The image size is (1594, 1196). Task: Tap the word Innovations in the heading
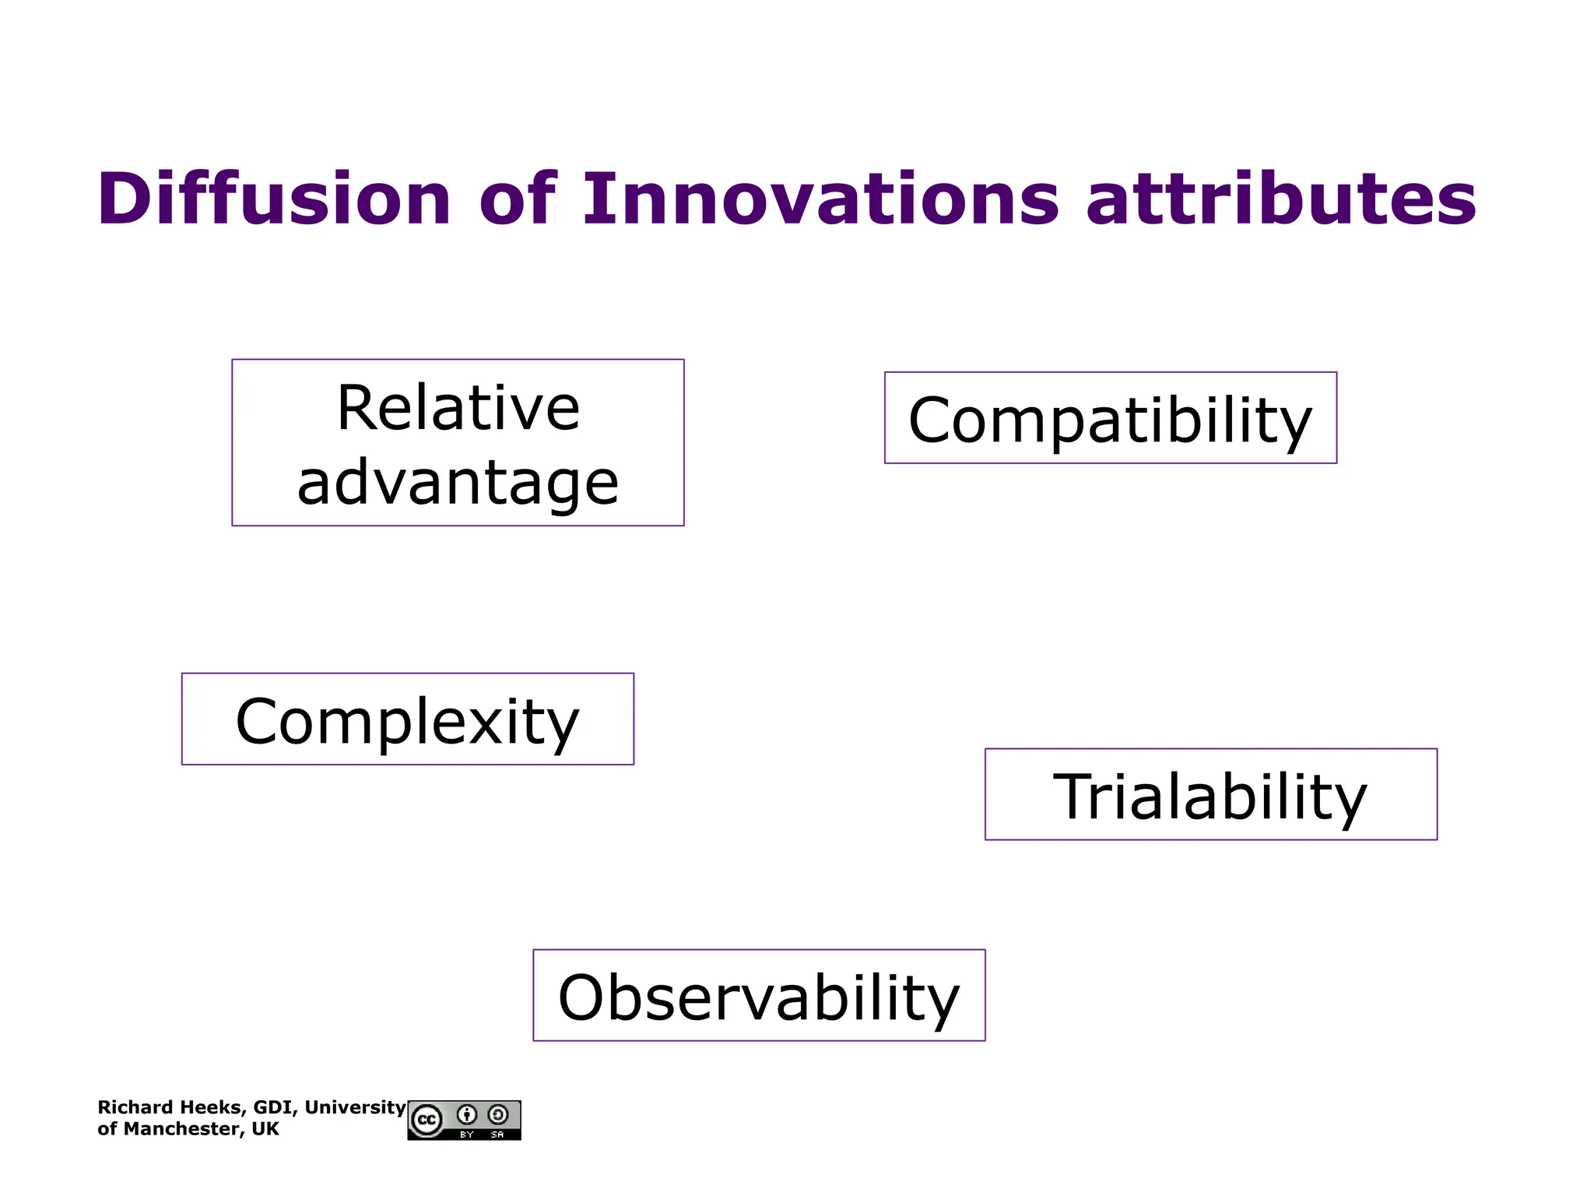point(820,199)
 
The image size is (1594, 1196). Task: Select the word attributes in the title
point(1280,199)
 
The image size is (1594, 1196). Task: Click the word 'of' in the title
point(517,199)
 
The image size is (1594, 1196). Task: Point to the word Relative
point(458,408)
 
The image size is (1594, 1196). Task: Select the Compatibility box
point(1110,418)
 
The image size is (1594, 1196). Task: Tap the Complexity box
point(407,719)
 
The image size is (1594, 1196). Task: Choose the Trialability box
point(1210,795)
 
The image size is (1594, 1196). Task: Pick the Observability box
point(759,996)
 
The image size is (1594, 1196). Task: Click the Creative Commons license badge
point(464,1120)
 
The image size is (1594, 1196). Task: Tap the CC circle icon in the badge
point(427,1120)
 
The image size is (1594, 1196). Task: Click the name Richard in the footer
point(130,1107)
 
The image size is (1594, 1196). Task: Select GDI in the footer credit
point(272,1107)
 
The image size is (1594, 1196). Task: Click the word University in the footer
point(355,1107)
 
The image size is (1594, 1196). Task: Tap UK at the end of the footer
point(265,1129)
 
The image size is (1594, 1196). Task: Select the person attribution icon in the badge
point(467,1114)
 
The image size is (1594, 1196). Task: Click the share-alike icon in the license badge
point(498,1114)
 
